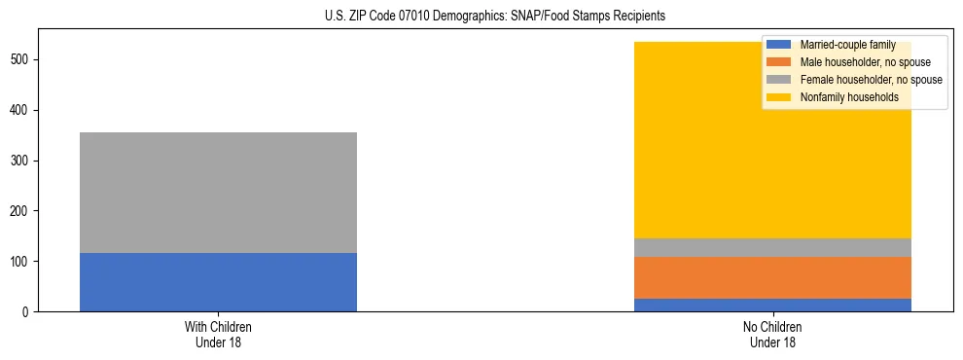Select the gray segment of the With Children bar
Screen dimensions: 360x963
click(x=218, y=193)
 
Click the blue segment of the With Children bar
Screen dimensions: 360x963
click(x=218, y=282)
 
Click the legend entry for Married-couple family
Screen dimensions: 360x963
click(x=847, y=45)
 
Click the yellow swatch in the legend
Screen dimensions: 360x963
click(x=779, y=97)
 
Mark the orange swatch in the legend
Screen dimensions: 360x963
click(x=779, y=62)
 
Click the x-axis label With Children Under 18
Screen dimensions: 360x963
click(x=218, y=335)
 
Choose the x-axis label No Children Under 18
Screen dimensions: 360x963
click(x=772, y=335)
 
